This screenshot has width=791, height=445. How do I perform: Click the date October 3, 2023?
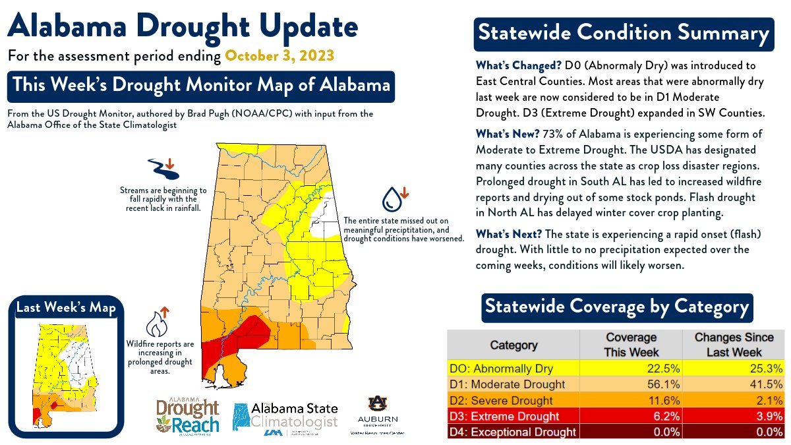[x=280, y=55]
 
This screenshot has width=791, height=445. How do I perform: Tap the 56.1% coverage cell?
[x=631, y=384]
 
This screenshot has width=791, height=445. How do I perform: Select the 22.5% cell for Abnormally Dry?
[x=631, y=368]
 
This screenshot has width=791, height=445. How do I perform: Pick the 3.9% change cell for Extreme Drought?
[x=734, y=416]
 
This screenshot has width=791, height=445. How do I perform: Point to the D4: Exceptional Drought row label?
[x=512, y=432]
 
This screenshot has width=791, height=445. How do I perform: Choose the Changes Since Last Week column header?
[x=734, y=345]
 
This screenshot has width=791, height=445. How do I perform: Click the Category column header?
[x=513, y=345]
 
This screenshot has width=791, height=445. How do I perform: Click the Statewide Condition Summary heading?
[x=623, y=34]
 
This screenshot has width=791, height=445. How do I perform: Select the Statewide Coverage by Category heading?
[x=617, y=307]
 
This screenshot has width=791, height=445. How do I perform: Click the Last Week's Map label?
[x=66, y=308]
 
